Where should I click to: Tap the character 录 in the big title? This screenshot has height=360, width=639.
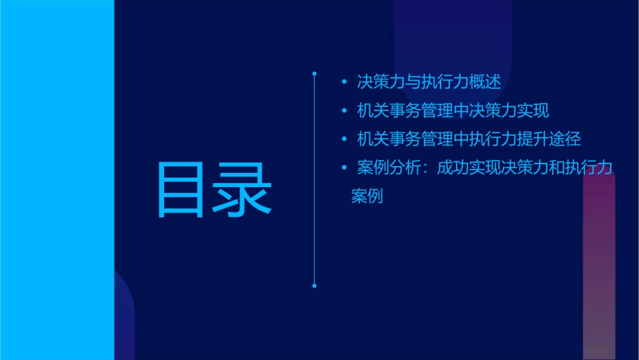243,190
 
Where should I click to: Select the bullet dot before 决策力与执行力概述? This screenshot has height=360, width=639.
344,83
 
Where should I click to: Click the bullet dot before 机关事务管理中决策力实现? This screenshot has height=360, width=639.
344,111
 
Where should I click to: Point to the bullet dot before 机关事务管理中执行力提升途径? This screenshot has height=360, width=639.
344,139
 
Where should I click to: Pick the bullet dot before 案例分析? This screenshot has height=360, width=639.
344,168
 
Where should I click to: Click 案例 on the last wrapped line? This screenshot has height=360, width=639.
367,196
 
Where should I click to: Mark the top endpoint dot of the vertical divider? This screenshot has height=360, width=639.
314,72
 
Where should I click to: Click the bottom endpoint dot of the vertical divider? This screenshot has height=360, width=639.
314,286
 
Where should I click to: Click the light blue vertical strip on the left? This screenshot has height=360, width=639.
57,180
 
